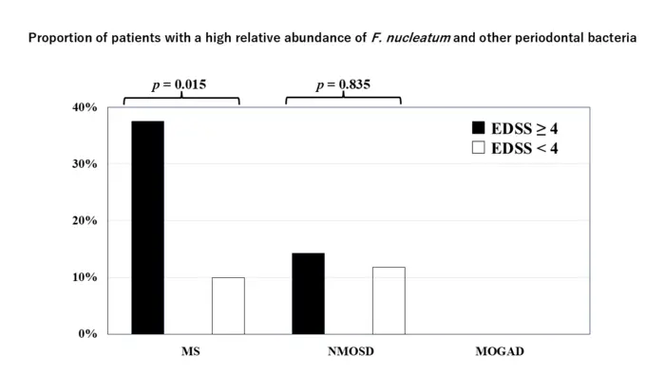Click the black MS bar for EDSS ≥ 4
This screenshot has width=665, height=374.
[147, 228]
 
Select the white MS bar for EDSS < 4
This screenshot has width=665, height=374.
[228, 306]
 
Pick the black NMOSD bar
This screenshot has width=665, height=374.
[308, 293]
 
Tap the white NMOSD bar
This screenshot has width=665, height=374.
[389, 300]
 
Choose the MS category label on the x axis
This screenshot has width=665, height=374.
[190, 352]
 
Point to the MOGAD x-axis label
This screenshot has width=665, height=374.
[500, 352]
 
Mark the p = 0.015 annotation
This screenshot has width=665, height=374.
[180, 85]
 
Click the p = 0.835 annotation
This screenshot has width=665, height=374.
[343, 85]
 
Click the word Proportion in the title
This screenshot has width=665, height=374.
[61, 39]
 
